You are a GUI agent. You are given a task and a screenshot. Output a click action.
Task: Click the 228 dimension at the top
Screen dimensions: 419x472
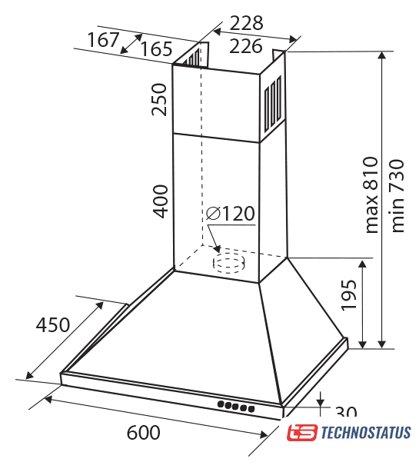pyautogui.click(x=246, y=23)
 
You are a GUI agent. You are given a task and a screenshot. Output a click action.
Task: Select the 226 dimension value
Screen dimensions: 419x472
pyautogui.click(x=245, y=46)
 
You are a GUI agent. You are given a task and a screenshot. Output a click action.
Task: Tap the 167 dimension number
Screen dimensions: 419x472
pyautogui.click(x=103, y=40)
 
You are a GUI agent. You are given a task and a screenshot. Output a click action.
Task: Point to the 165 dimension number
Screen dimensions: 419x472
pyautogui.click(x=157, y=48)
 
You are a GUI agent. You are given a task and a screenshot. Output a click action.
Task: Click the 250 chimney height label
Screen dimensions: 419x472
pyautogui.click(x=159, y=100)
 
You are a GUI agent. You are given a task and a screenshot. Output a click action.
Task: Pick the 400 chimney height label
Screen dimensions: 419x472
pyautogui.click(x=160, y=201)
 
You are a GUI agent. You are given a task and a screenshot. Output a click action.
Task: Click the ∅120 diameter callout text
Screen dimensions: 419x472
pyautogui.click(x=231, y=214)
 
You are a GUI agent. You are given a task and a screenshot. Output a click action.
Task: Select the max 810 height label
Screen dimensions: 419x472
pyautogui.click(x=371, y=194)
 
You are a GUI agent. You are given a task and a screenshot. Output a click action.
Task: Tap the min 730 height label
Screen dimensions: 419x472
pyautogui.click(x=397, y=196)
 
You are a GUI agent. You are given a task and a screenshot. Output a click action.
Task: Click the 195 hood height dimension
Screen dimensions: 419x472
pyautogui.click(x=348, y=295)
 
